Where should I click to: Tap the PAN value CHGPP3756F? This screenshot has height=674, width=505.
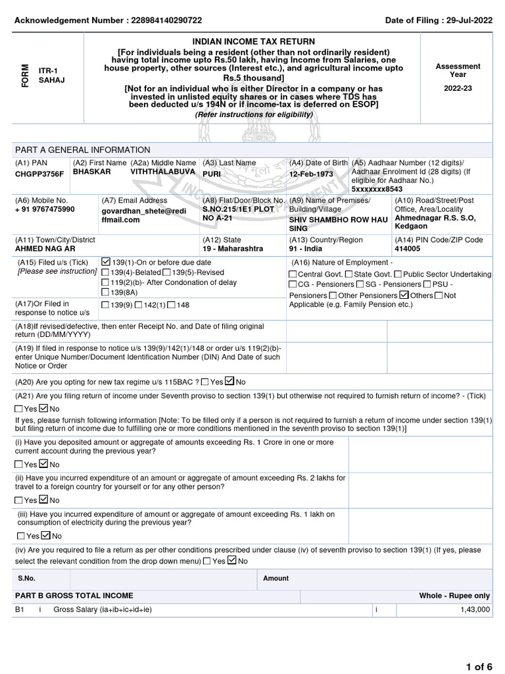click(39, 174)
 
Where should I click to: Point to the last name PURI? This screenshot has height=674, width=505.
click(212, 174)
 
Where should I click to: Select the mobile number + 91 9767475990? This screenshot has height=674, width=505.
click(45, 209)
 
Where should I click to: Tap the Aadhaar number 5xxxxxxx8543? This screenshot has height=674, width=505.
click(377, 189)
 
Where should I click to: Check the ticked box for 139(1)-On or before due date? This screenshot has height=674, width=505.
click(106, 262)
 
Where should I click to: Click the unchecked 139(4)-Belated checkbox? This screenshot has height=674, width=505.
click(106, 272)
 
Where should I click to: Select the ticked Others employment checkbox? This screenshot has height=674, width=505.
click(404, 295)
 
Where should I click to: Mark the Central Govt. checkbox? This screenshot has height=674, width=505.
click(293, 274)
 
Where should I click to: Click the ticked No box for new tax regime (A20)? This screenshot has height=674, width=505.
click(229, 381)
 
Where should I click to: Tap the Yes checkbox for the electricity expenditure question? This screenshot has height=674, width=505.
click(22, 536)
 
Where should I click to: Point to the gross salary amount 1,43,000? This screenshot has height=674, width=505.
click(475, 610)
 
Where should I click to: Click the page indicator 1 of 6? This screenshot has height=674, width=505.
click(479, 667)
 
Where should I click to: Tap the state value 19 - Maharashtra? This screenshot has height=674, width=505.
click(224, 249)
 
